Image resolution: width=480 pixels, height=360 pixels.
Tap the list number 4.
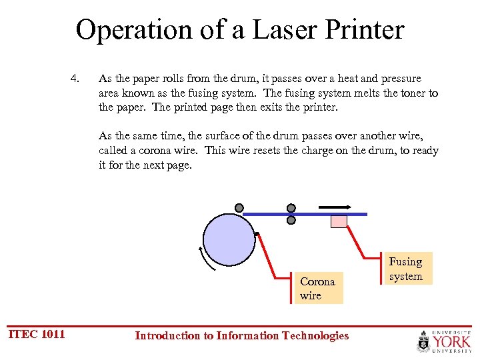75,79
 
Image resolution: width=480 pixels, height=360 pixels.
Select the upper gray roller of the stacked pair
291,207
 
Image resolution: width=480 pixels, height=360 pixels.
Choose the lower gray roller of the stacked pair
291,219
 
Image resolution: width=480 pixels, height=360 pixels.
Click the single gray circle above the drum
239,207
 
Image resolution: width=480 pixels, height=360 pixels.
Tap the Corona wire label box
318,288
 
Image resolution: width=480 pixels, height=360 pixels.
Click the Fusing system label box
406,269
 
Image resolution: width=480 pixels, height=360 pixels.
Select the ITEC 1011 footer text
37,334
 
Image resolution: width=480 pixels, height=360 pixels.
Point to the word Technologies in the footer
314,335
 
